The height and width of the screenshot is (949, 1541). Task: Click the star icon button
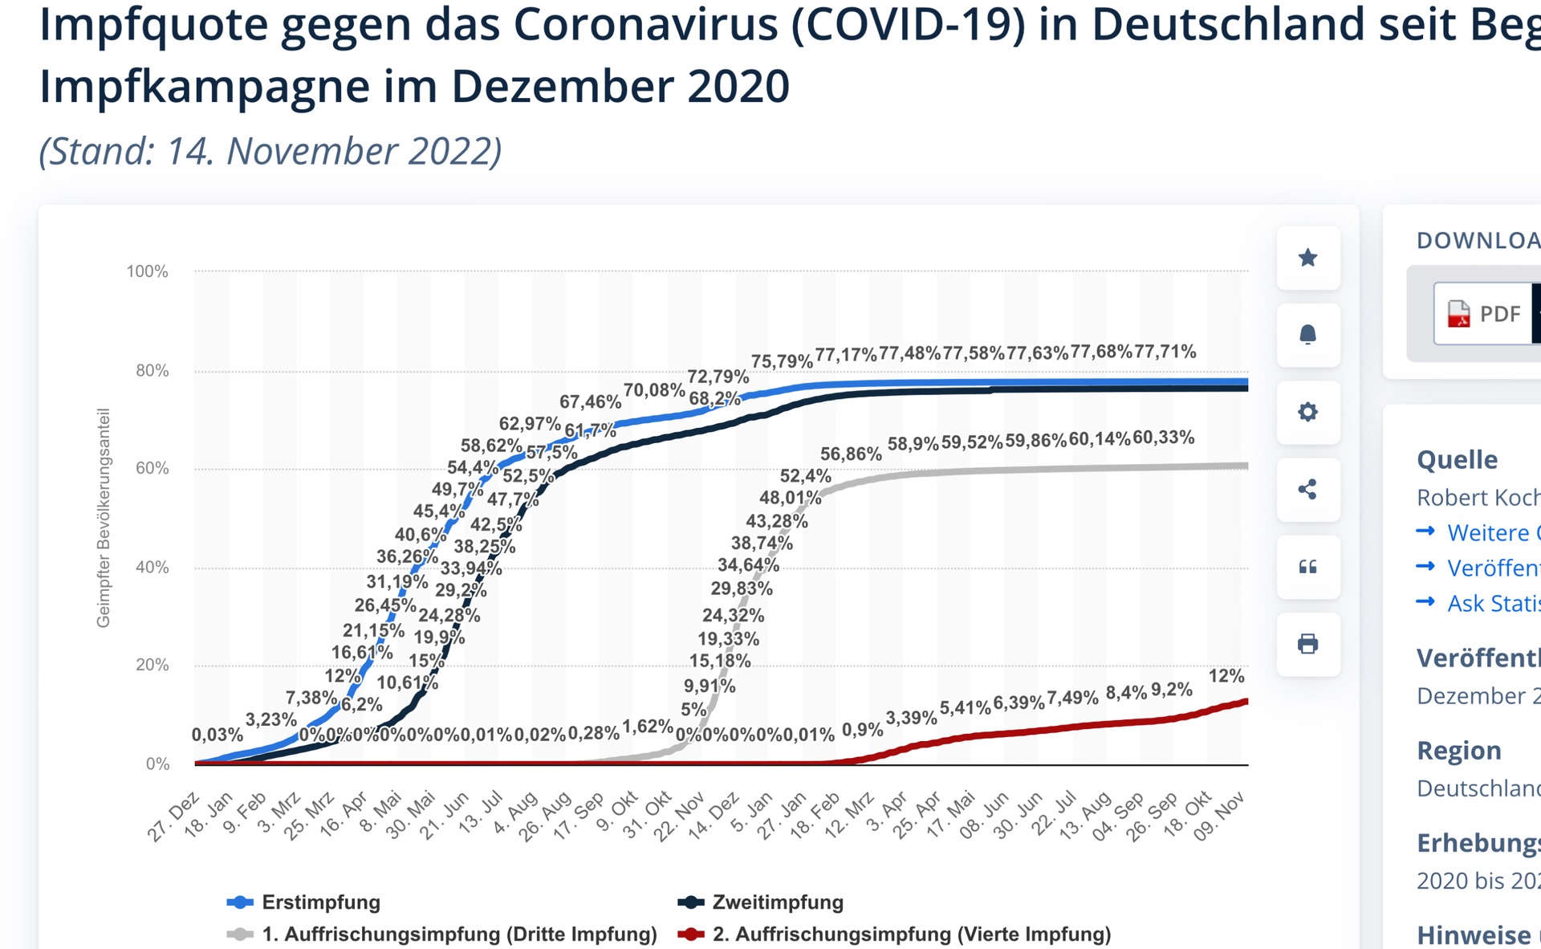pos(1307,258)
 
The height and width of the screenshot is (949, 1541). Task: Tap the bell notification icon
pos(1307,335)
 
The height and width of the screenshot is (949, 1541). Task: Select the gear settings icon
pos(1307,412)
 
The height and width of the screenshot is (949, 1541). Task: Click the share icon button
pos(1307,489)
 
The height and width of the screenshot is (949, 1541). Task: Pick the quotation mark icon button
pos(1307,567)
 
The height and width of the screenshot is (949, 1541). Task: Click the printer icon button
pos(1307,644)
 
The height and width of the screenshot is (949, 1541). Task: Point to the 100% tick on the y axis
pos(148,271)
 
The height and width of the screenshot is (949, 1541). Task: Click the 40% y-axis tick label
pos(152,568)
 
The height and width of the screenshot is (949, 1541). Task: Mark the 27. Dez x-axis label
pos(174,816)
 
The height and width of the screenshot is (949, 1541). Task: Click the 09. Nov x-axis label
pos(1219,816)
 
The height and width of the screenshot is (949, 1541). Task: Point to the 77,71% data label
pos(1165,352)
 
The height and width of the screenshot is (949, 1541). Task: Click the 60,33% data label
pos(1163,438)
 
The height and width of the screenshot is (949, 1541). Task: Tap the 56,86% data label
pos(851,454)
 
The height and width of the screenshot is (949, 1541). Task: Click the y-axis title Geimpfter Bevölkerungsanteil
pos(104,518)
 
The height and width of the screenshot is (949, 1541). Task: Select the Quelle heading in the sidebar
pos(1457,459)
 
